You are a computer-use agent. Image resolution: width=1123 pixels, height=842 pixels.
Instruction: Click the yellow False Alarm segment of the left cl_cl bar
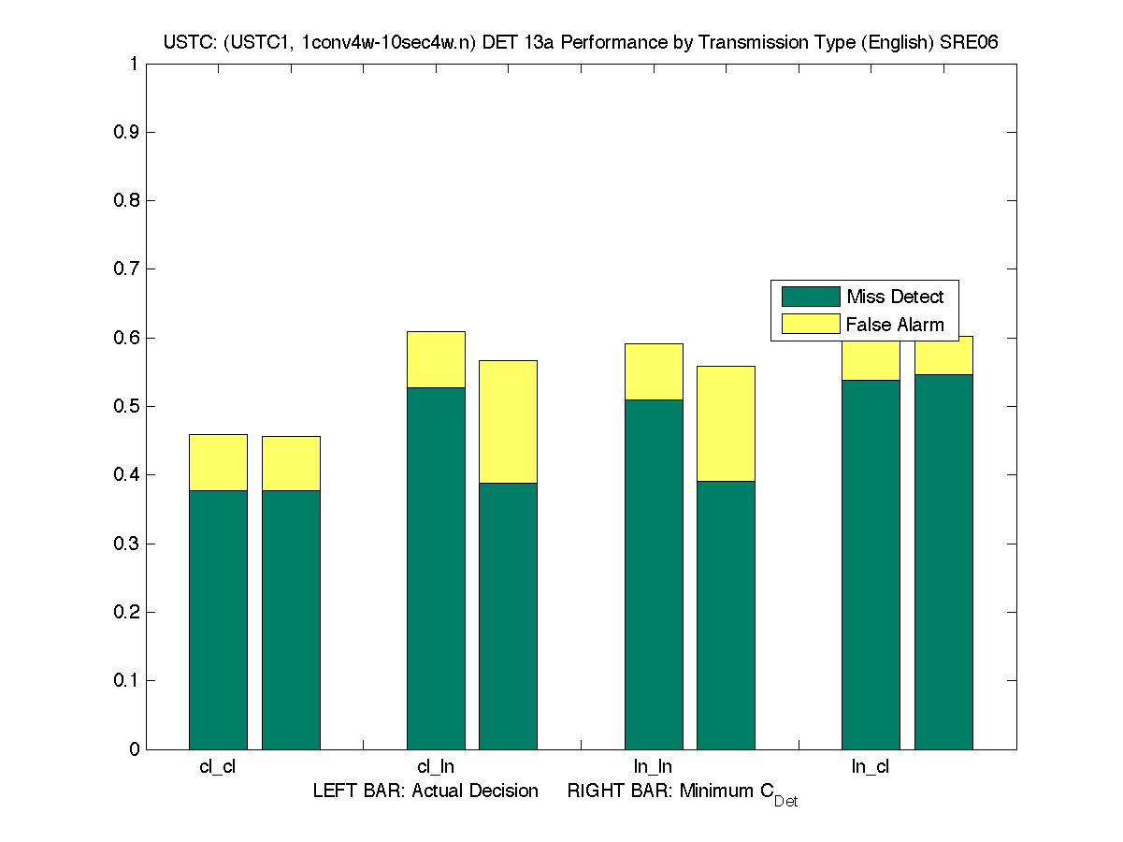pyautogui.click(x=218, y=462)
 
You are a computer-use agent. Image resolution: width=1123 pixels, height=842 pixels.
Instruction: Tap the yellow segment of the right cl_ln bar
pyautogui.click(x=508, y=421)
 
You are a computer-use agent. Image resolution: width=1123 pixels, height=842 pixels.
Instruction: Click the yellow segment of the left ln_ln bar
pyautogui.click(x=654, y=371)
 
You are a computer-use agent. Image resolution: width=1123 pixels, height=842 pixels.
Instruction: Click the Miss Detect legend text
pyautogui.click(x=895, y=297)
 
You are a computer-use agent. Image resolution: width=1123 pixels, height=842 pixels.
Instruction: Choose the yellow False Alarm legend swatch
pyautogui.click(x=811, y=325)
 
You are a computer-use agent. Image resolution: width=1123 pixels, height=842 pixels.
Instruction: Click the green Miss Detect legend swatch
pyautogui.click(x=811, y=297)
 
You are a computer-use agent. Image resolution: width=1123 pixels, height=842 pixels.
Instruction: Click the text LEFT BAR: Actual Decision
pyautogui.click(x=425, y=791)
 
